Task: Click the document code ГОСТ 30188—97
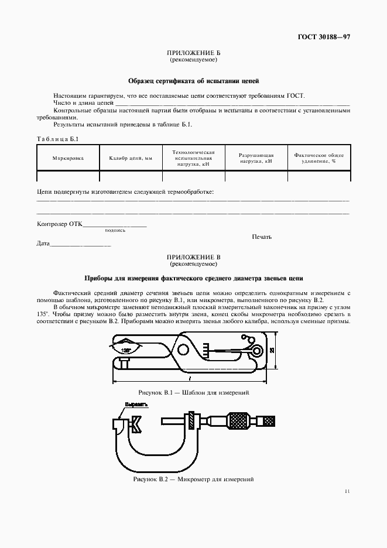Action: click(324, 37)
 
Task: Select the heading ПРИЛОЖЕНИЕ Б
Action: click(193, 53)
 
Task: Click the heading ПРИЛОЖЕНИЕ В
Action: click(193, 257)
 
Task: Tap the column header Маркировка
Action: click(68, 158)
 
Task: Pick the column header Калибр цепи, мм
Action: click(131, 158)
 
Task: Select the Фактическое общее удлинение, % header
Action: click(319, 158)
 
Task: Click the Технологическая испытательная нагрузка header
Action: click(194, 158)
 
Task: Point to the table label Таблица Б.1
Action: click(57, 139)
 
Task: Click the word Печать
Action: click(262, 237)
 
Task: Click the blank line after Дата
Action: click(81, 244)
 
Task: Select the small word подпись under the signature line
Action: click(115, 230)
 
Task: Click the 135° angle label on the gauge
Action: click(126, 350)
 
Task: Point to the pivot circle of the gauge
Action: click(183, 350)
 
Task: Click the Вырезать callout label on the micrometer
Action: click(135, 405)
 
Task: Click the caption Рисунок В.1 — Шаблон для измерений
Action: click(194, 392)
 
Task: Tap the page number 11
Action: click(347, 492)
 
